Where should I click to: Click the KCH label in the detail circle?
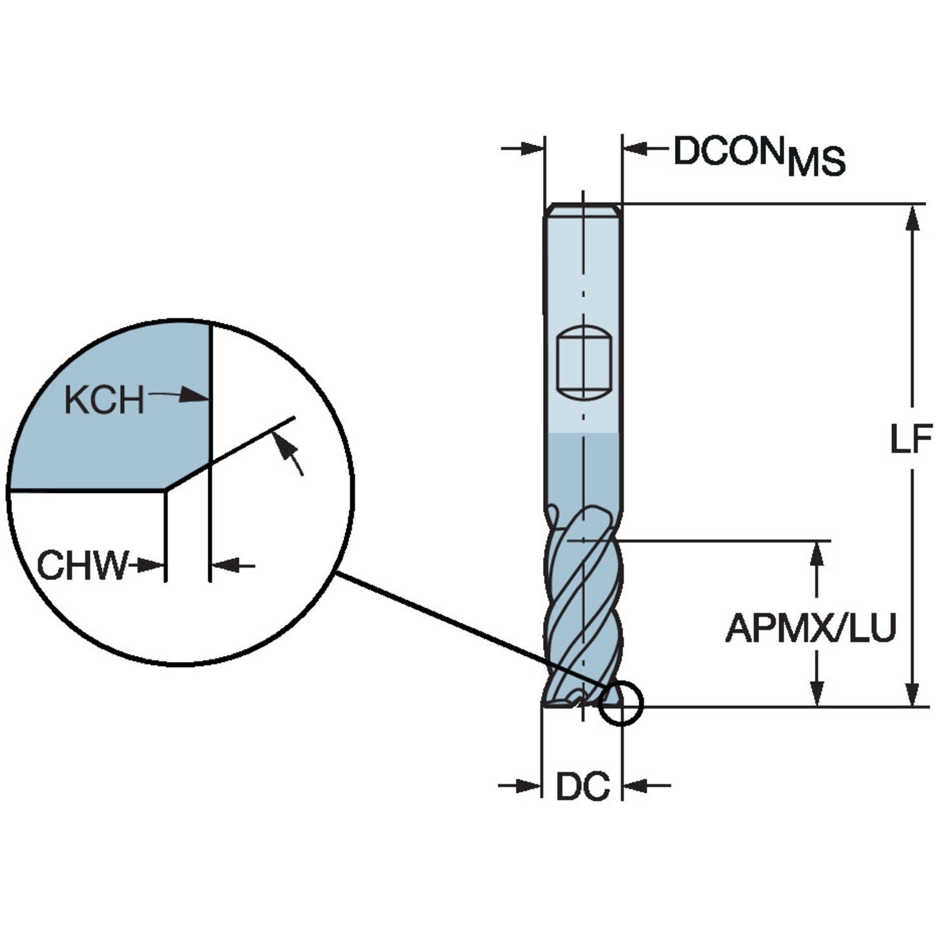105,399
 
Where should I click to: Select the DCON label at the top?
729,151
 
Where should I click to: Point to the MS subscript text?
816,162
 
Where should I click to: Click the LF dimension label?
911,439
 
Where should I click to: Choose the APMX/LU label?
810,628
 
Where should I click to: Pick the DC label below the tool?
582,786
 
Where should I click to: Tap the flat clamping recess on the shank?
583,363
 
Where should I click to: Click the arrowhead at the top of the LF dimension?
913,218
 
